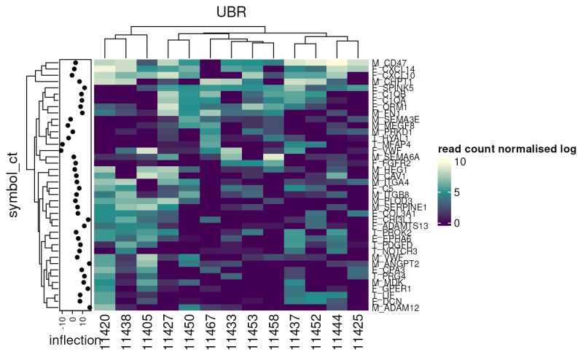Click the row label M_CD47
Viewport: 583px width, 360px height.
(388, 63)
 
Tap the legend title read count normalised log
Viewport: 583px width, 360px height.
(506, 149)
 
